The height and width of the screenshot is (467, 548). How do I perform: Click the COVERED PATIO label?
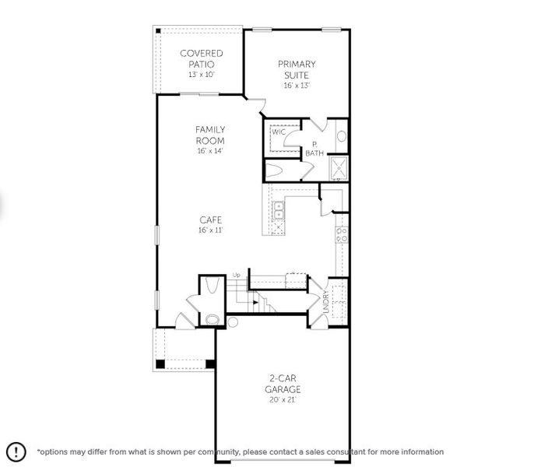click(x=201, y=58)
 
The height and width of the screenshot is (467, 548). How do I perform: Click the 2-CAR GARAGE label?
click(x=282, y=384)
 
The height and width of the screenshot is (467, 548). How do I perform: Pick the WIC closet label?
click(x=277, y=132)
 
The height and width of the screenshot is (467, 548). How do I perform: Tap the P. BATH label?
click(x=314, y=149)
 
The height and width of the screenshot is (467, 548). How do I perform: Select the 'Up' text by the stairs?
click(x=237, y=275)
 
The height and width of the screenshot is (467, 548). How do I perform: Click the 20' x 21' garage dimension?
click(x=282, y=400)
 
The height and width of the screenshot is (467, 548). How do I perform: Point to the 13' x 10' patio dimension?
click(x=201, y=75)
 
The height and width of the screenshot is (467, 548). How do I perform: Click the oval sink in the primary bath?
click(x=341, y=136)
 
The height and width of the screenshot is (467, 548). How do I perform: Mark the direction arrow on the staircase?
click(x=255, y=302)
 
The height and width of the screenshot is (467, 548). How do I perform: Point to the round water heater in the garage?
click(x=231, y=322)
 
